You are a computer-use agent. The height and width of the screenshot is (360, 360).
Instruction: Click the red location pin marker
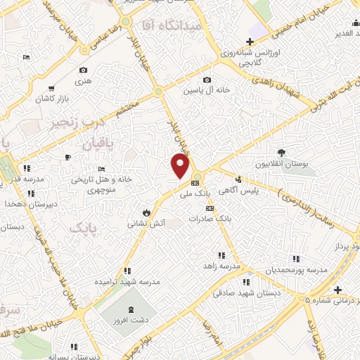(181, 165)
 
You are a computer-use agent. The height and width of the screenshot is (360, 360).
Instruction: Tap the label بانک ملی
(195, 192)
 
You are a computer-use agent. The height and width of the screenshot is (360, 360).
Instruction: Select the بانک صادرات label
(210, 219)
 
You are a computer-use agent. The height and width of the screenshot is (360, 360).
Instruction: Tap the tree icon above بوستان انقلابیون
(281, 152)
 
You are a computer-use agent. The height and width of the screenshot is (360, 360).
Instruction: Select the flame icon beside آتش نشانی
(146, 211)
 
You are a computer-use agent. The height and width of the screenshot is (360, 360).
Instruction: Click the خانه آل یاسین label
(207, 91)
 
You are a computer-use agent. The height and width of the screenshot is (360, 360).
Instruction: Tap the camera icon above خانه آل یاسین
(207, 79)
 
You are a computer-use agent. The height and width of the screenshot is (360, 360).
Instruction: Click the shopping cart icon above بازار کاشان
(51, 89)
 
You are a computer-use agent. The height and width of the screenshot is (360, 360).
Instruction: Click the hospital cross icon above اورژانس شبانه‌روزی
(250, 41)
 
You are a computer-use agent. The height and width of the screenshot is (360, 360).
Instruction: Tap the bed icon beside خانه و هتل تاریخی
(102, 169)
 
